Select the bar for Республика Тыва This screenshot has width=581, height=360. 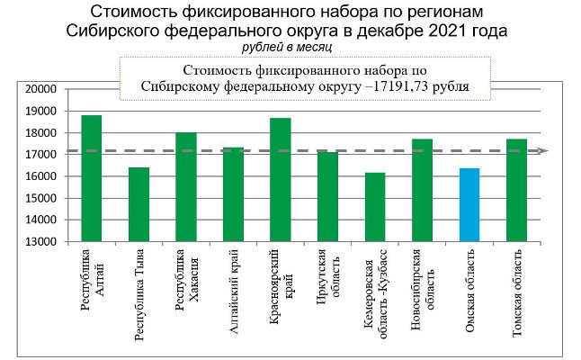pyautogui.click(x=139, y=204)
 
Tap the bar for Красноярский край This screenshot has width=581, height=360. pyautogui.click(x=280, y=180)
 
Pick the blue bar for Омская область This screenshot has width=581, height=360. pyautogui.click(x=469, y=204)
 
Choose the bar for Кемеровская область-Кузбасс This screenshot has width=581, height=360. pyautogui.click(x=374, y=207)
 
